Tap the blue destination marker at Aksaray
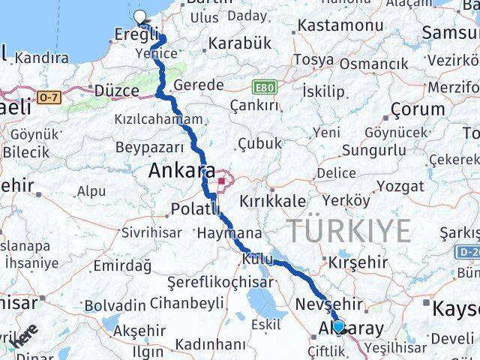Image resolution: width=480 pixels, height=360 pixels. click(339, 326)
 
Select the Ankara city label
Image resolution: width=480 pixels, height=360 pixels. click(181, 170)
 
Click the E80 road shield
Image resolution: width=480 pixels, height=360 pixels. click(265, 87)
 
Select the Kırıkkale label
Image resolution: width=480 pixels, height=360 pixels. click(273, 201)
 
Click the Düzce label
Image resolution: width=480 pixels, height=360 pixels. click(117, 91)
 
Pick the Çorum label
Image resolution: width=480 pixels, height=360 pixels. click(418, 109)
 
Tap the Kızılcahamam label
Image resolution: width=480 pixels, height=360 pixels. click(158, 119)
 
